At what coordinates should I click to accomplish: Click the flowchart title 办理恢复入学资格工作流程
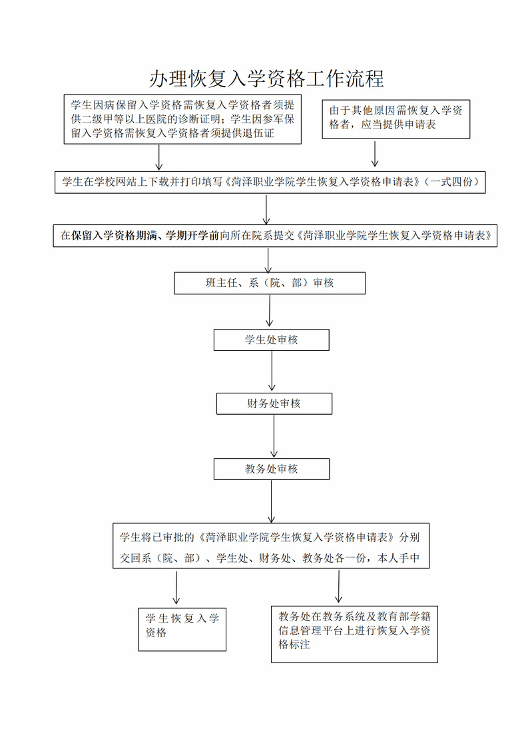(x=266, y=79)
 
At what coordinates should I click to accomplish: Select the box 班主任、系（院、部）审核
(x=270, y=284)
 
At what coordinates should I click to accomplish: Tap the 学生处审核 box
(x=271, y=340)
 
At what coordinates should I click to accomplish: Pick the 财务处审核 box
(x=274, y=404)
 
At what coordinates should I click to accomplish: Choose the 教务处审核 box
(x=271, y=469)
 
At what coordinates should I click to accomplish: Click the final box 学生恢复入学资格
(x=182, y=630)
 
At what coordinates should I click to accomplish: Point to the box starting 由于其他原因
(x=396, y=119)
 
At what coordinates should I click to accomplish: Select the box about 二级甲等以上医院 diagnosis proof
(x=182, y=119)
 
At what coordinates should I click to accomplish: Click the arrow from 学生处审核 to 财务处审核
(x=272, y=371)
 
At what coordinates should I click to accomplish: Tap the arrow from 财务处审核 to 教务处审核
(x=274, y=436)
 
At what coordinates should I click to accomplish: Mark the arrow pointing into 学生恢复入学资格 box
(x=176, y=587)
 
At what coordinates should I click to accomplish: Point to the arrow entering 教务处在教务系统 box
(x=338, y=587)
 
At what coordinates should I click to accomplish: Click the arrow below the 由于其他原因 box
(x=375, y=153)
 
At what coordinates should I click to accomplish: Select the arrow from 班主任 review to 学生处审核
(x=270, y=311)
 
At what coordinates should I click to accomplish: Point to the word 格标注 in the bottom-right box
(x=294, y=644)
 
